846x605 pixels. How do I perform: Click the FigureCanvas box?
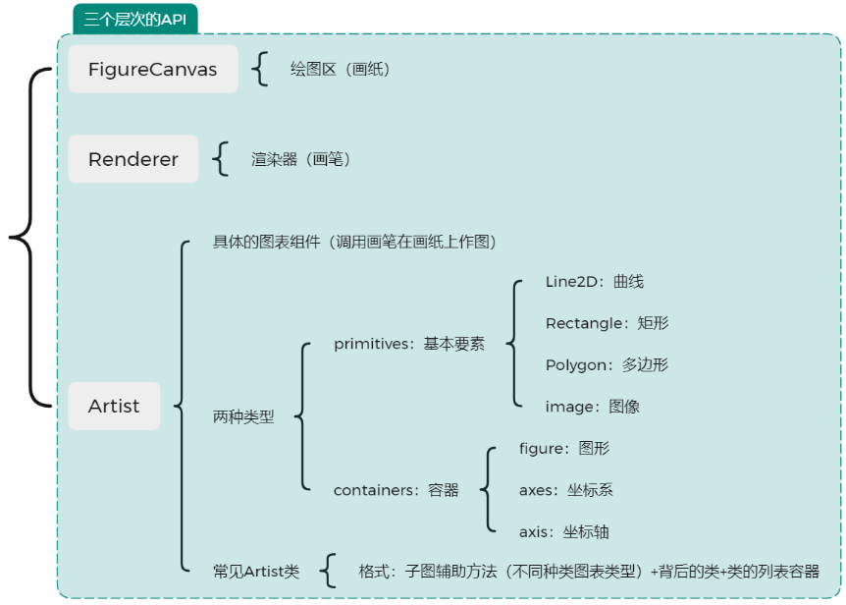(x=152, y=69)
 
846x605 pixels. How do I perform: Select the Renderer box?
(x=132, y=159)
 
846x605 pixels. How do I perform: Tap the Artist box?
(x=114, y=406)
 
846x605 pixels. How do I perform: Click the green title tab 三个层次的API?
(x=134, y=19)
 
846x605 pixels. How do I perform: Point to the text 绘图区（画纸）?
(x=340, y=69)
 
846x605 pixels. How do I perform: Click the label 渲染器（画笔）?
(x=300, y=159)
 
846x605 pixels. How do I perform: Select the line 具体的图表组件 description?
(x=354, y=242)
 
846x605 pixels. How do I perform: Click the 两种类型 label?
(x=243, y=416)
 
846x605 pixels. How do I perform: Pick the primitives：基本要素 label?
(x=408, y=344)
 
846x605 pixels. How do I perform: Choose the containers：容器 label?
(x=396, y=489)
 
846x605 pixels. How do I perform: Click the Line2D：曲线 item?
(x=594, y=282)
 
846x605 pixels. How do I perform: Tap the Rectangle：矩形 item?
(x=607, y=323)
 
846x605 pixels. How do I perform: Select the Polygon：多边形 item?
(x=607, y=364)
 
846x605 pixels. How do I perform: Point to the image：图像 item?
(x=592, y=406)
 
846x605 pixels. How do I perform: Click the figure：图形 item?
(x=563, y=448)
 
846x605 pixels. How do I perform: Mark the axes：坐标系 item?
(x=565, y=489)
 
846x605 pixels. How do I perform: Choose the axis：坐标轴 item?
(x=563, y=531)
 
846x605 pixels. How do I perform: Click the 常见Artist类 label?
(x=255, y=571)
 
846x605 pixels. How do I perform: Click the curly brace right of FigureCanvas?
(x=260, y=69)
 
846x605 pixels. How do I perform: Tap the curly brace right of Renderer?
(x=221, y=159)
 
